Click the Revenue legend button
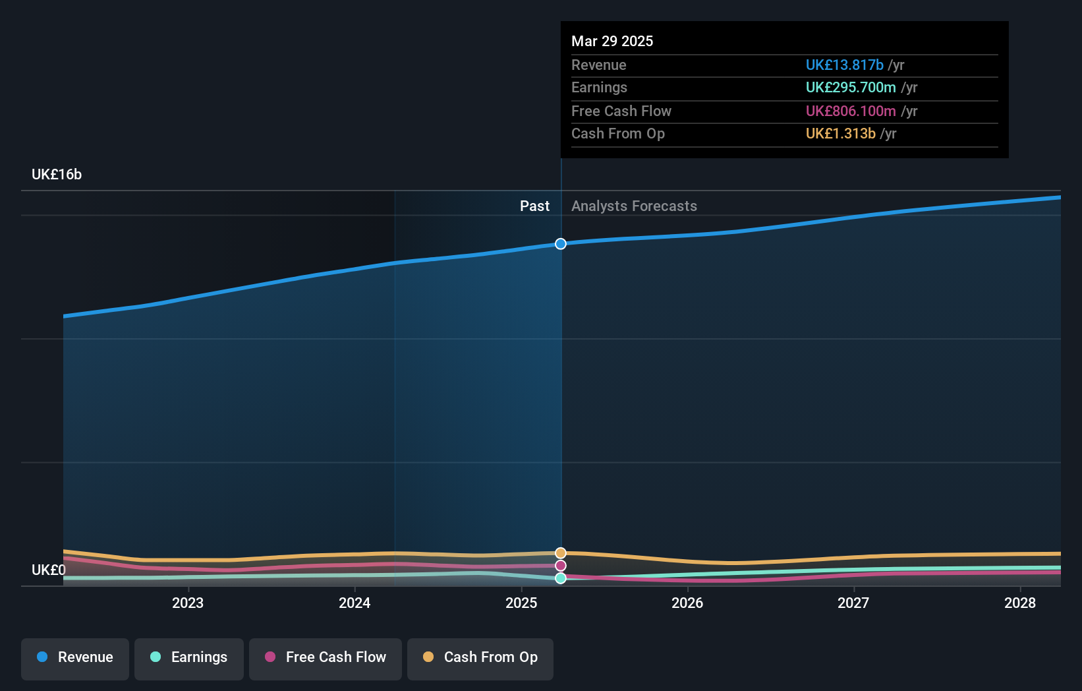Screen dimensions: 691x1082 click(x=75, y=658)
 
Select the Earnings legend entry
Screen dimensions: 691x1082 click(x=189, y=658)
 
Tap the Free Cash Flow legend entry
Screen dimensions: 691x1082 click(x=326, y=658)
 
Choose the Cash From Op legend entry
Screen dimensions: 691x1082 click(x=480, y=658)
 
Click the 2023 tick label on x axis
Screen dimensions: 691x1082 click(x=188, y=603)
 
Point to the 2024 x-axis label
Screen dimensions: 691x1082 click(x=355, y=603)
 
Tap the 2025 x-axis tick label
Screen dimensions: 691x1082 click(x=521, y=603)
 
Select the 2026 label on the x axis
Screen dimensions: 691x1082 click(x=687, y=603)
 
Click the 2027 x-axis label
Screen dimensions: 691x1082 click(x=853, y=603)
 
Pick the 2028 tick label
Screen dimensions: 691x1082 click(x=1020, y=603)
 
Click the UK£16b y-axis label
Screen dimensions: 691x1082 click(x=57, y=175)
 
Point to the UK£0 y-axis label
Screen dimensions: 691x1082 click(x=49, y=570)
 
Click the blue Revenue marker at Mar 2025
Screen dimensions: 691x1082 click(x=561, y=244)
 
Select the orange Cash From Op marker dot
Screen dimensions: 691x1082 click(x=561, y=553)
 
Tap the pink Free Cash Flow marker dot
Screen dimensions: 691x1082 click(x=561, y=566)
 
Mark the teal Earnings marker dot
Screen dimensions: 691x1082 click(x=561, y=578)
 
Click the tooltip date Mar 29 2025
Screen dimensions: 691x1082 click(x=612, y=41)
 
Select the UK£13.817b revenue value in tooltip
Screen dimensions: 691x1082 click(x=844, y=65)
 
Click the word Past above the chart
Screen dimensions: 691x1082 click(x=534, y=206)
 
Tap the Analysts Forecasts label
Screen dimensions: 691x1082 click(x=634, y=206)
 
